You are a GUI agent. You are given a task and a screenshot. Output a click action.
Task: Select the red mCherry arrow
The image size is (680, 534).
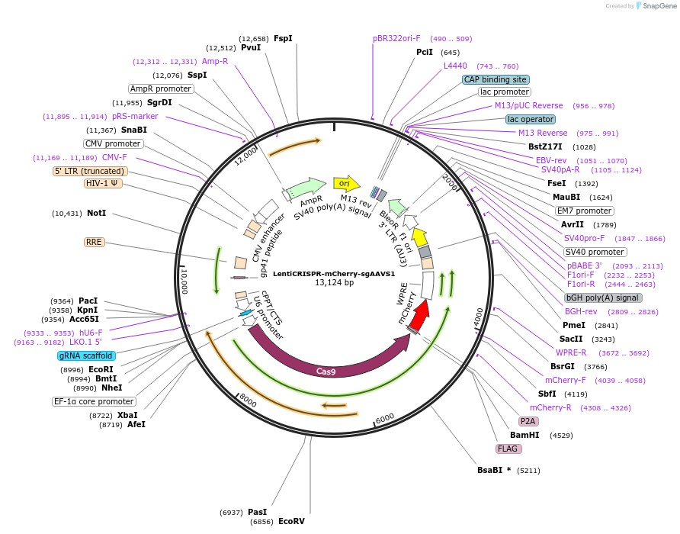click(419, 316)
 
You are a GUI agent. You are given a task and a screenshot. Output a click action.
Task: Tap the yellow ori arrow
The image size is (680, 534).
click(347, 183)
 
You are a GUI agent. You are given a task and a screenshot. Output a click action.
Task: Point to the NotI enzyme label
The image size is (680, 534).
click(96, 213)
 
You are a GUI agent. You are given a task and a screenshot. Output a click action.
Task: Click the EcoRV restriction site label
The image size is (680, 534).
click(291, 521)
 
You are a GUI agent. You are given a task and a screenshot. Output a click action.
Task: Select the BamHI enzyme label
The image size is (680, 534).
click(524, 435)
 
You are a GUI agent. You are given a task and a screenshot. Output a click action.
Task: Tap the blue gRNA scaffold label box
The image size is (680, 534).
click(86, 356)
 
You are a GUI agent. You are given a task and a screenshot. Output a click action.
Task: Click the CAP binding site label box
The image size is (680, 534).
click(496, 79)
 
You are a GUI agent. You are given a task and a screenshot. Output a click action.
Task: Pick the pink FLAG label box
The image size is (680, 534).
click(508, 449)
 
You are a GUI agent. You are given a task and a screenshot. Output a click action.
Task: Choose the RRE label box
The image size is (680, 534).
click(94, 242)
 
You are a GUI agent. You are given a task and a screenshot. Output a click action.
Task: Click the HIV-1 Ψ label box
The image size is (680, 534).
click(103, 183)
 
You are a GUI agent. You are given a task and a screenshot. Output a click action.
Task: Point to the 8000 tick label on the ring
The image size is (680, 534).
click(248, 400)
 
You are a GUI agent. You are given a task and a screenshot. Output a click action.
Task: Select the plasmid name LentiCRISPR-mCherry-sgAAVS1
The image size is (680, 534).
click(334, 274)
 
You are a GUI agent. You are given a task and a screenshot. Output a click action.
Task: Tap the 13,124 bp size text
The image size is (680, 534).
click(334, 282)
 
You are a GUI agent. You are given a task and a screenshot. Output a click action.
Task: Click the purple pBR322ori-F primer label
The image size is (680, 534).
click(396, 39)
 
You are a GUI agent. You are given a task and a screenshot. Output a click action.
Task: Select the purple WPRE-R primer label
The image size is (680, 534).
click(571, 352)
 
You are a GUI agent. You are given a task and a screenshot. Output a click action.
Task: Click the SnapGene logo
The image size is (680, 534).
click(656, 5)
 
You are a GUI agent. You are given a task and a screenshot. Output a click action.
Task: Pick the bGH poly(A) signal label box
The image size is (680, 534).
click(603, 298)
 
